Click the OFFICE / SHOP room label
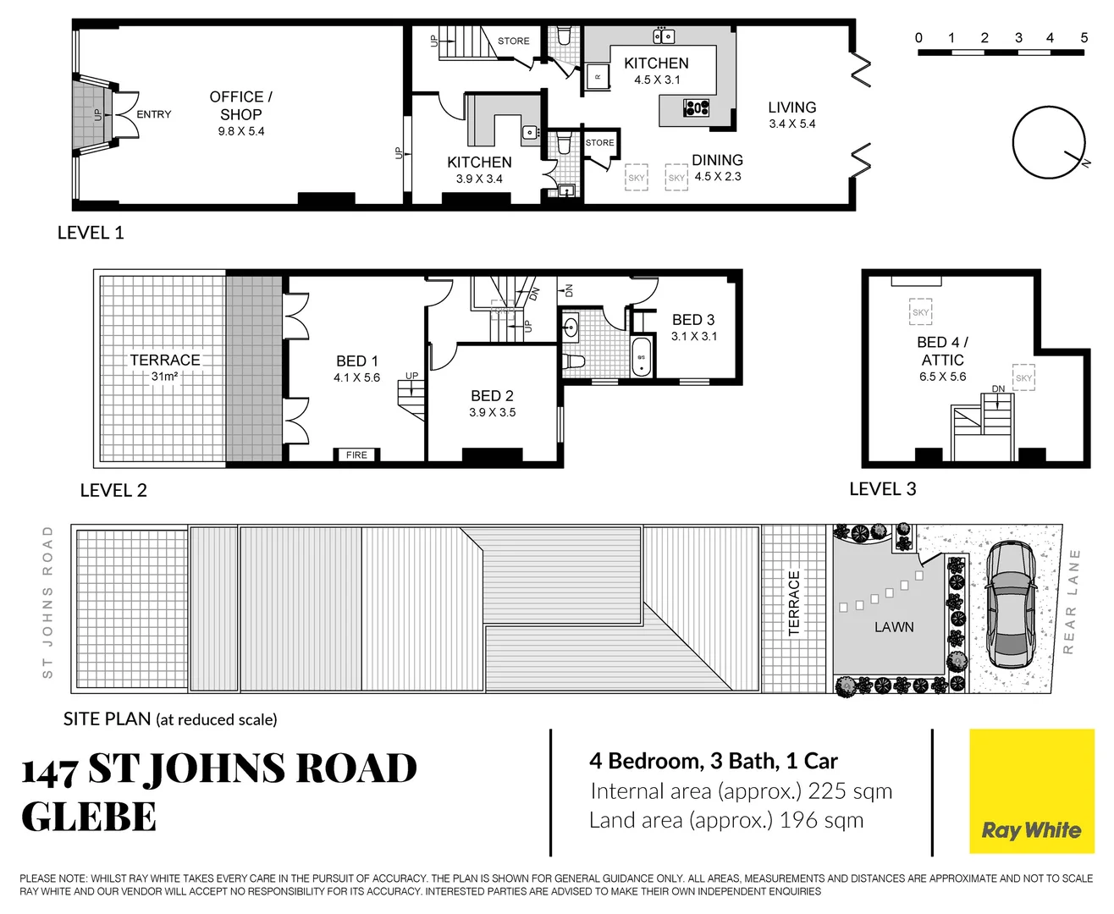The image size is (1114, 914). click(x=241, y=106)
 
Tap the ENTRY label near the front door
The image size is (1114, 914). click(x=154, y=114)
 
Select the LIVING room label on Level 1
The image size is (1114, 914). click(x=791, y=107)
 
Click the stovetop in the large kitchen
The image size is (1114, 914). click(x=697, y=107)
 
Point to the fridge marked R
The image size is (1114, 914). click(x=598, y=77)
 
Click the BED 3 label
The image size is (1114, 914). click(x=693, y=320)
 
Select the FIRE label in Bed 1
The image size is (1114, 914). click(x=356, y=455)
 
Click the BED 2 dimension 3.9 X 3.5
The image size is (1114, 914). click(x=492, y=413)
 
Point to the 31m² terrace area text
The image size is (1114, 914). click(x=164, y=377)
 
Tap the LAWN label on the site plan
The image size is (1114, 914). click(x=894, y=627)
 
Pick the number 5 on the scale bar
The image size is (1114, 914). click(x=1084, y=38)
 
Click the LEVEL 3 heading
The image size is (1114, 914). click(x=882, y=489)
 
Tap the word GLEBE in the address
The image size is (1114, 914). click(x=89, y=818)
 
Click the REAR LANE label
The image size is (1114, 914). click(x=1071, y=601)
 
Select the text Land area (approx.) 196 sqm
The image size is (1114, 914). click(x=726, y=821)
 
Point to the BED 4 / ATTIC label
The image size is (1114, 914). click(x=942, y=351)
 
